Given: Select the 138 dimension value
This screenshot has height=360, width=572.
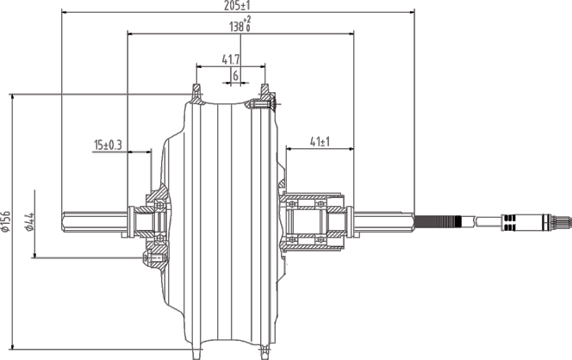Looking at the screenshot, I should [x=236, y=28].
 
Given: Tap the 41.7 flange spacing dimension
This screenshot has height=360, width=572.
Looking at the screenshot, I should [x=231, y=59].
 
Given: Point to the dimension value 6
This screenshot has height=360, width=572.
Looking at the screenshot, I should [x=234, y=76].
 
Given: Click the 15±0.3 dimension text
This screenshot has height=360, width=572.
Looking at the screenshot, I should [x=109, y=145].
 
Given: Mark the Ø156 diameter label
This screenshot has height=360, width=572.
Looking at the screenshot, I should [x=7, y=221].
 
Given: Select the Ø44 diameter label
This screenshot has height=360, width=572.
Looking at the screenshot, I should [x=28, y=222].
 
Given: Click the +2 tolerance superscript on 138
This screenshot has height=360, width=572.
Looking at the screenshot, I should [x=248, y=22].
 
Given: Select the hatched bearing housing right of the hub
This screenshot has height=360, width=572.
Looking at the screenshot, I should [x=314, y=221].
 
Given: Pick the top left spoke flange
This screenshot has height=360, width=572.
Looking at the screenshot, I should [x=196, y=90].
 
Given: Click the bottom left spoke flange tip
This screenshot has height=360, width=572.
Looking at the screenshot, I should [x=196, y=351].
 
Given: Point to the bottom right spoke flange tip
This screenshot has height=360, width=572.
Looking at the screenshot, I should [x=264, y=351].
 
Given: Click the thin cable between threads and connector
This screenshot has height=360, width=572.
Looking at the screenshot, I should [x=487, y=222].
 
